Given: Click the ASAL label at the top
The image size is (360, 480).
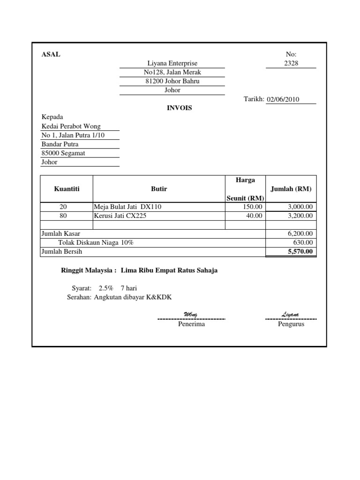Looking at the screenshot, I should tap(51, 54).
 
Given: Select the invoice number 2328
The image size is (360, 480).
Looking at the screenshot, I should tap(291, 63).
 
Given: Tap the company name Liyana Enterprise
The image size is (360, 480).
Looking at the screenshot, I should tap(172, 63).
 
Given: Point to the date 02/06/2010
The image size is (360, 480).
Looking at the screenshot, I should tap(283, 99).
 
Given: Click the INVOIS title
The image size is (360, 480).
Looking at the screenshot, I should tap(180, 108).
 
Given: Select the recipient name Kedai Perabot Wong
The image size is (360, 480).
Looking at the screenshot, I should tap(71, 126).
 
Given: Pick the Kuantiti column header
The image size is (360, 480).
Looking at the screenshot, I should tap(67, 189).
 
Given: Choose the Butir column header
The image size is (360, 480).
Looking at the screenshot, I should tap(159, 189).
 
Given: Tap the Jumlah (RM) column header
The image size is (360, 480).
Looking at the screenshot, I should tap(291, 189).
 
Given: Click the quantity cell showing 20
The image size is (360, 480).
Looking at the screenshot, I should tap(63, 207).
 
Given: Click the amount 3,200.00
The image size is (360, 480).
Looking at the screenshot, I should tap(300, 216).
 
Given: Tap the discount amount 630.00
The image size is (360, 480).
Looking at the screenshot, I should tap(304, 242).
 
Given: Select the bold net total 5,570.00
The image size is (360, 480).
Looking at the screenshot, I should tap(300, 251).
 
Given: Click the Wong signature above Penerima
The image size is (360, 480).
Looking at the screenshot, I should tap(191, 314).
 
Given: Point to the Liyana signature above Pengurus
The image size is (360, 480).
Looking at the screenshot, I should tap(291, 314).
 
